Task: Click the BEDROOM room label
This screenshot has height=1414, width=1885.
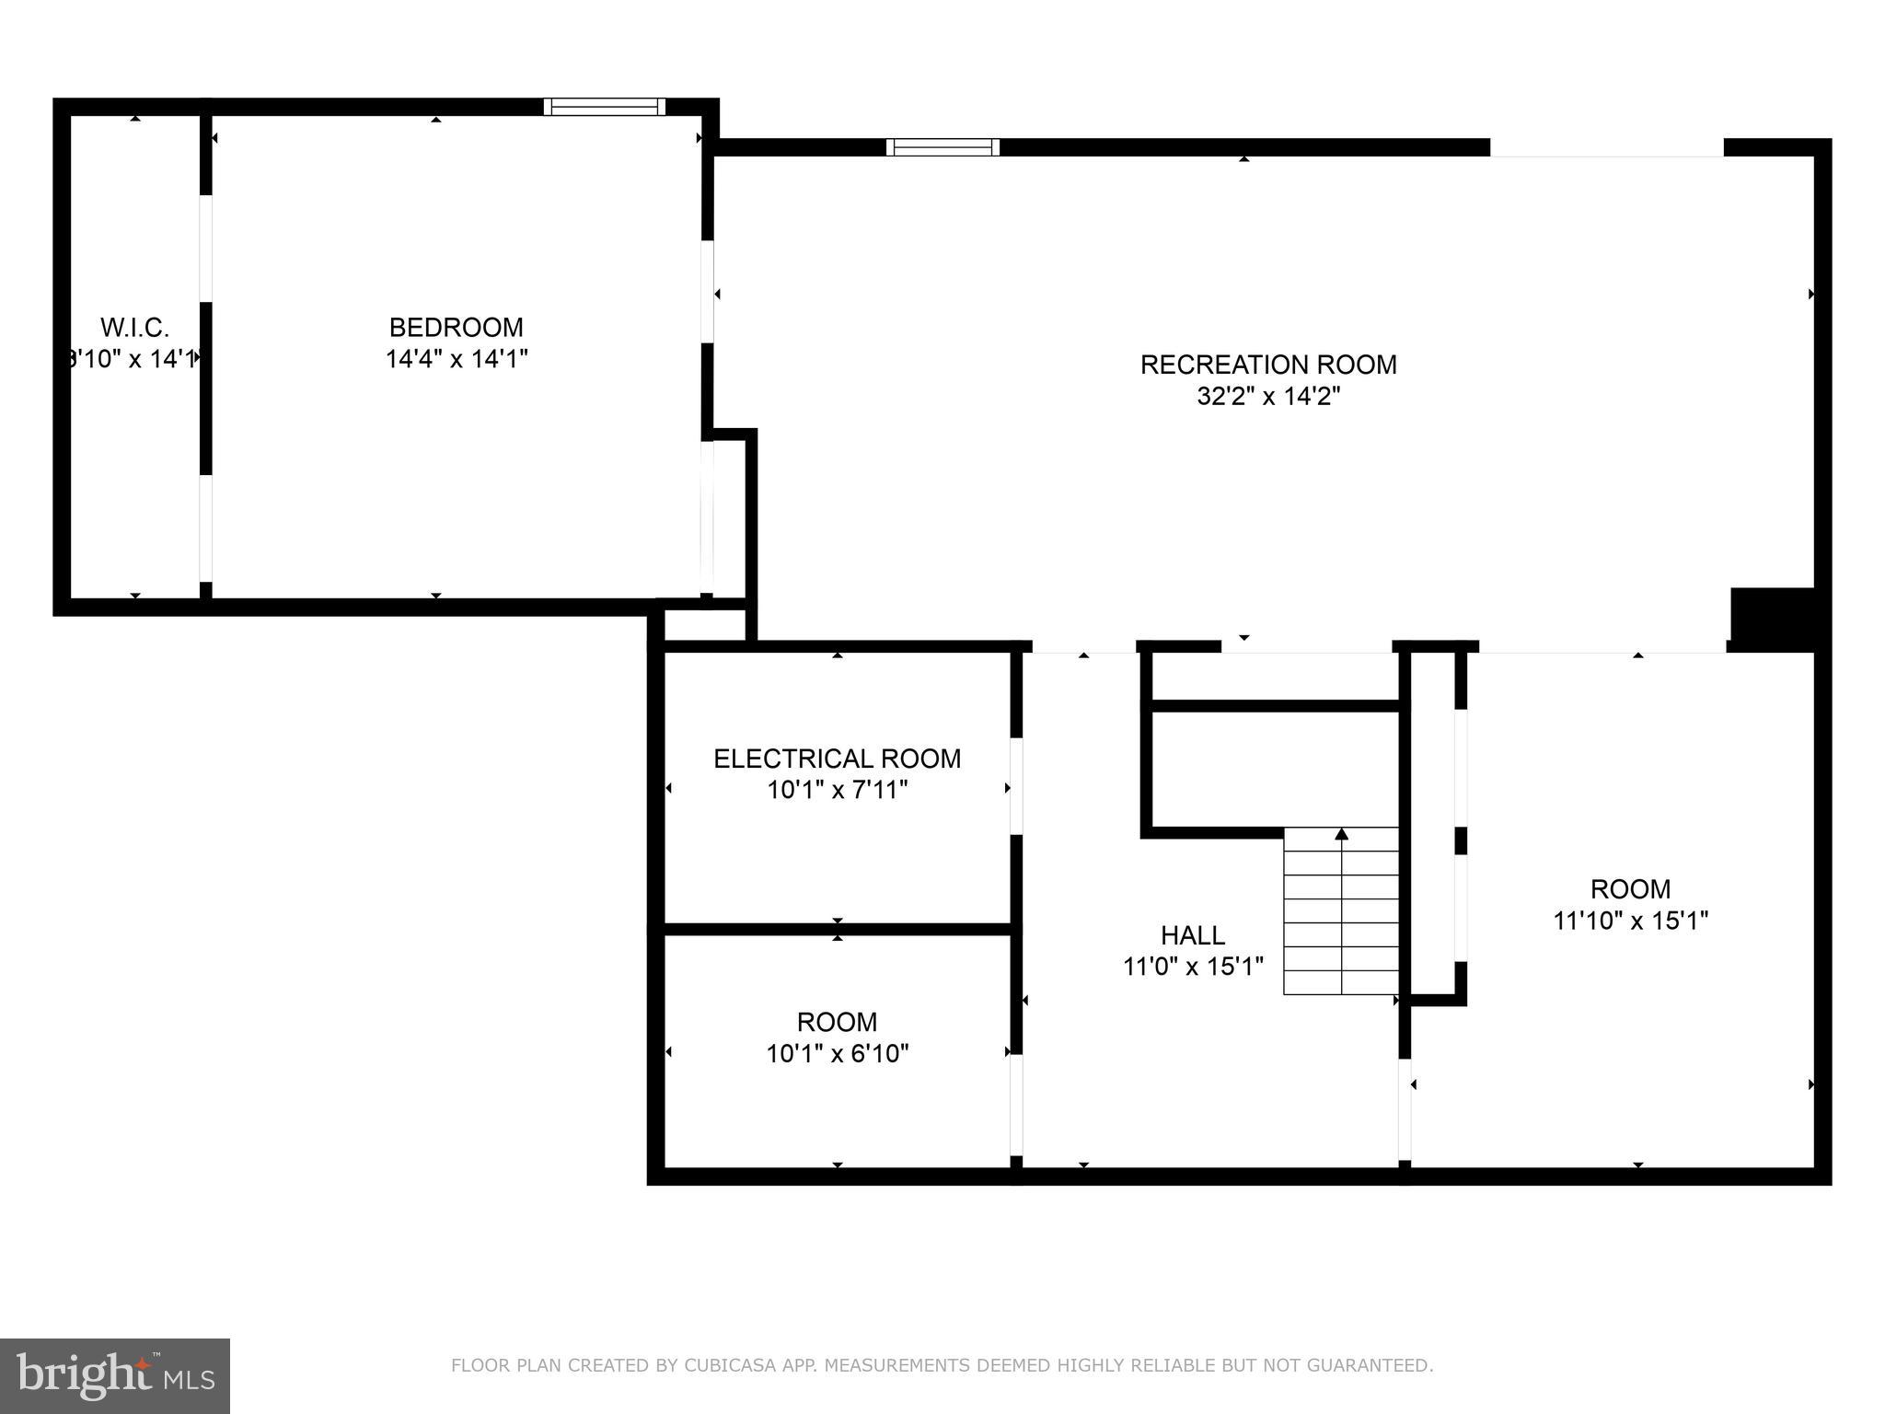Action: click(x=456, y=328)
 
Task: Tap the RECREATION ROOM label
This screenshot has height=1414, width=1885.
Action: click(x=1267, y=365)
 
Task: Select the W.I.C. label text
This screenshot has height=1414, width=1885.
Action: click(x=134, y=328)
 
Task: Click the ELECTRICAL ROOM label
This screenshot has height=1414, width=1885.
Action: click(x=837, y=759)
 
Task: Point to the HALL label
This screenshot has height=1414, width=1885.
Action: click(x=1192, y=935)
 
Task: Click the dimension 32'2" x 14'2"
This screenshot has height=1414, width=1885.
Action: click(x=1267, y=397)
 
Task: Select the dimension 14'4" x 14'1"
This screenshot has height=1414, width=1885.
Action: click(x=456, y=359)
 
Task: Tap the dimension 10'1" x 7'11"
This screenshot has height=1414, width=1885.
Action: click(x=837, y=790)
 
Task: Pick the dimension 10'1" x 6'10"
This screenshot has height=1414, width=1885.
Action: click(x=837, y=1053)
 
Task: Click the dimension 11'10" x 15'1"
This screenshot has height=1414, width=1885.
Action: click(x=1630, y=921)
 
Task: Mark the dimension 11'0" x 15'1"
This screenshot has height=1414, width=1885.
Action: click(x=1192, y=967)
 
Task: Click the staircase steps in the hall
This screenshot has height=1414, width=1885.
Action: click(x=1341, y=921)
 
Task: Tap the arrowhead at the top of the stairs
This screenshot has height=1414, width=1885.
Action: click(x=1341, y=834)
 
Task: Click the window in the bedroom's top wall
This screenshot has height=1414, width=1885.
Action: click(x=604, y=107)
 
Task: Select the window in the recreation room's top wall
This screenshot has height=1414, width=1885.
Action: click(x=942, y=147)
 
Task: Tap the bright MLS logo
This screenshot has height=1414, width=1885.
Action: click(x=114, y=1376)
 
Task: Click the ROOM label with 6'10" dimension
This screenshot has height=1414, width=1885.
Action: click(x=837, y=1022)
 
